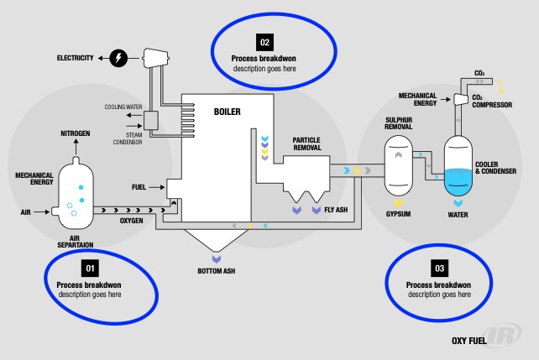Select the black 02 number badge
coord(264,41)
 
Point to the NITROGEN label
coord(75,134)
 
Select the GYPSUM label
coord(399,214)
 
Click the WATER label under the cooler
coord(458,214)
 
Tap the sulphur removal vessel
coord(398,164)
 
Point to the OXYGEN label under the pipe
coord(130,221)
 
